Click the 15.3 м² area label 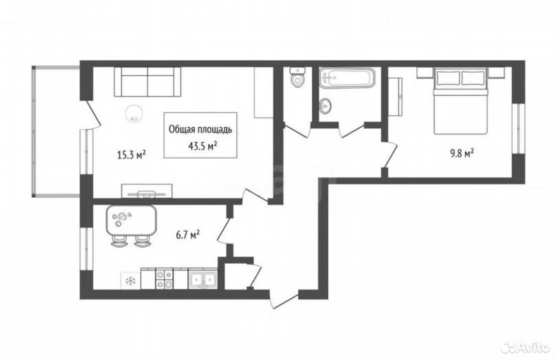point(131,155)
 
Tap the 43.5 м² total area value point(203,146)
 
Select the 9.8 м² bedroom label point(462,153)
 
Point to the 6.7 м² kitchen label point(188,234)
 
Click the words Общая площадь point(200,129)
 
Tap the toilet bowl point(297,77)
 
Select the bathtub point(346,77)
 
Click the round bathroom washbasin point(325,105)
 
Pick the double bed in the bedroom point(461,101)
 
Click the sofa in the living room point(147,82)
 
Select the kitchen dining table point(131,221)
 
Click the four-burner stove point(164,279)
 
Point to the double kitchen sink point(203,280)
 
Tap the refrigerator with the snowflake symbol point(130,281)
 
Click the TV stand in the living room point(147,191)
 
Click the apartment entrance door point(284,300)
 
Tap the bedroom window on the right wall point(518,128)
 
